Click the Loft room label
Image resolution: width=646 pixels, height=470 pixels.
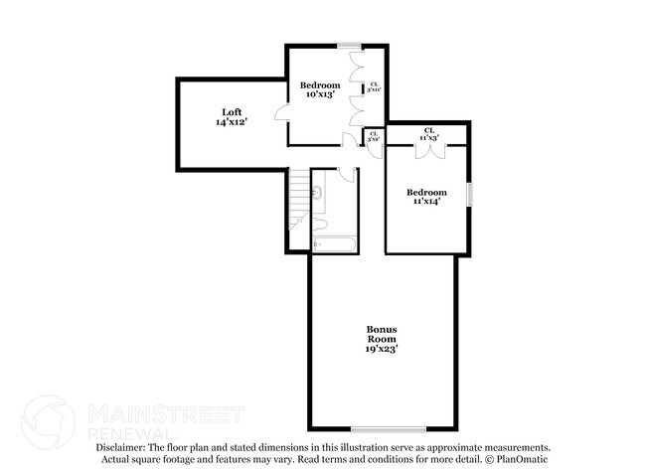pyautogui.click(x=231, y=111)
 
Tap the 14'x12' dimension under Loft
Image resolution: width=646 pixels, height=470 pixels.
pyautogui.click(x=231, y=121)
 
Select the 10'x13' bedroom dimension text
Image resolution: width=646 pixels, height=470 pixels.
pyautogui.click(x=320, y=95)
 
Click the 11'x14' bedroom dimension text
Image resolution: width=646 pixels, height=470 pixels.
pyautogui.click(x=426, y=202)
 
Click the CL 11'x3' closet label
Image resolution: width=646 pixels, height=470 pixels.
pyautogui.click(x=429, y=134)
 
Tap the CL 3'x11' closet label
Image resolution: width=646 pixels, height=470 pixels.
pyautogui.click(x=374, y=86)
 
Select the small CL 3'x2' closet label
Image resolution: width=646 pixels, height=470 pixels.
pyautogui.click(x=374, y=137)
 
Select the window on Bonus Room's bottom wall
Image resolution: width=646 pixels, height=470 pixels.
pyautogui.click(x=402, y=429)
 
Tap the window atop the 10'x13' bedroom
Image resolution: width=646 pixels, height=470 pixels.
pyautogui.click(x=348, y=45)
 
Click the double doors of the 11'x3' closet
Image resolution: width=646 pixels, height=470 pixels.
pyautogui.click(x=428, y=149)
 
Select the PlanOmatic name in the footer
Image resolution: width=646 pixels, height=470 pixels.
pyautogui.click(x=520, y=460)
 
